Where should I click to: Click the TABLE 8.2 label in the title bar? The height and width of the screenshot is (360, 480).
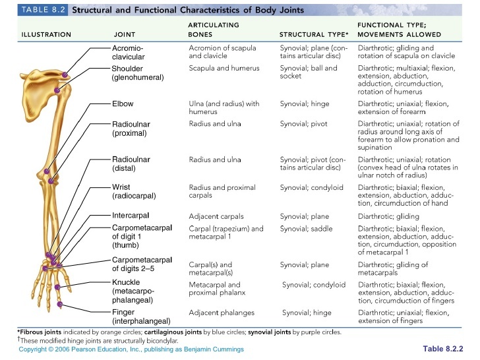click(x=40, y=11)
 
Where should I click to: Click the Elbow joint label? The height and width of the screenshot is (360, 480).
click(x=123, y=104)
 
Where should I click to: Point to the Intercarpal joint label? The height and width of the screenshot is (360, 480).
click(x=131, y=216)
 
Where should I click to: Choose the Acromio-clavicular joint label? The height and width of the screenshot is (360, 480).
click(x=128, y=52)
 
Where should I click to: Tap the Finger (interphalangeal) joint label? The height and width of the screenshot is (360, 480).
click(x=135, y=316)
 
